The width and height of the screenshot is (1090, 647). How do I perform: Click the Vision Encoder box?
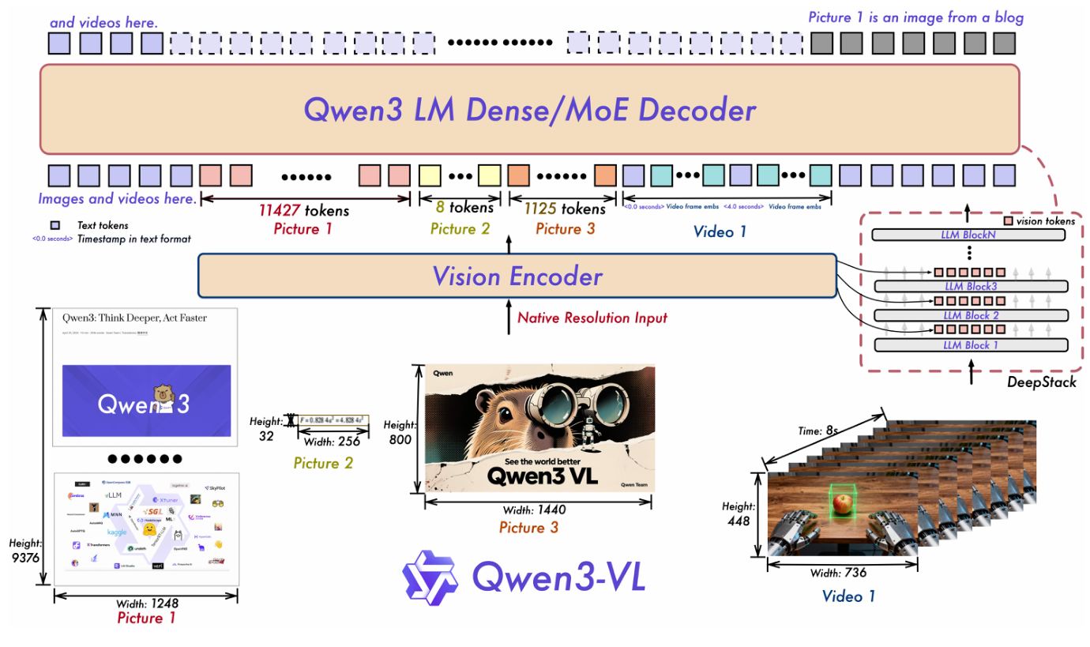(517, 276)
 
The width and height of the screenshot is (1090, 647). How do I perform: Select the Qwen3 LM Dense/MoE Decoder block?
(529, 110)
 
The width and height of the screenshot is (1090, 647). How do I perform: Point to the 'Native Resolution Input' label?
(592, 318)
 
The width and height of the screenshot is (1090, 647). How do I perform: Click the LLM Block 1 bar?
(970, 344)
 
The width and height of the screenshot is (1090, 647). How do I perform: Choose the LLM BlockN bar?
(970, 235)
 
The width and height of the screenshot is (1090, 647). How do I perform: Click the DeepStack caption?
(1041, 382)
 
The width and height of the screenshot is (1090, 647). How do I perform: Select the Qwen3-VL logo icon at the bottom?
(430, 577)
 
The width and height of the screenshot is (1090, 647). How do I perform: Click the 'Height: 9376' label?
(25, 550)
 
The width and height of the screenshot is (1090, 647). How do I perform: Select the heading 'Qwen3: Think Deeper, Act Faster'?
(133, 318)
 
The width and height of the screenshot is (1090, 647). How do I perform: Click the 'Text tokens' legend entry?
(103, 225)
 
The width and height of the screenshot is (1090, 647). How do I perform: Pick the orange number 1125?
(540, 209)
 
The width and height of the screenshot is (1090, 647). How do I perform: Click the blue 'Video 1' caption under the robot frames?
(848, 596)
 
